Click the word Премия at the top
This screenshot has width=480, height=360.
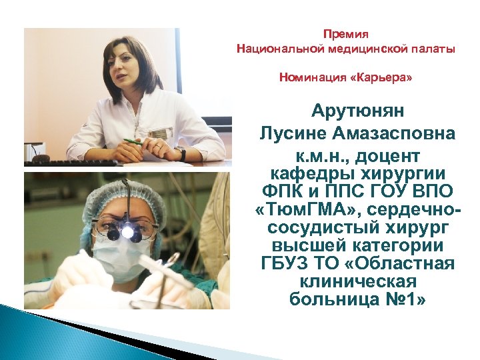coord(345,33)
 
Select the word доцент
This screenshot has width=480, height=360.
coord(389,156)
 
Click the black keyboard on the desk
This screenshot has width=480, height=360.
coord(73,162)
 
